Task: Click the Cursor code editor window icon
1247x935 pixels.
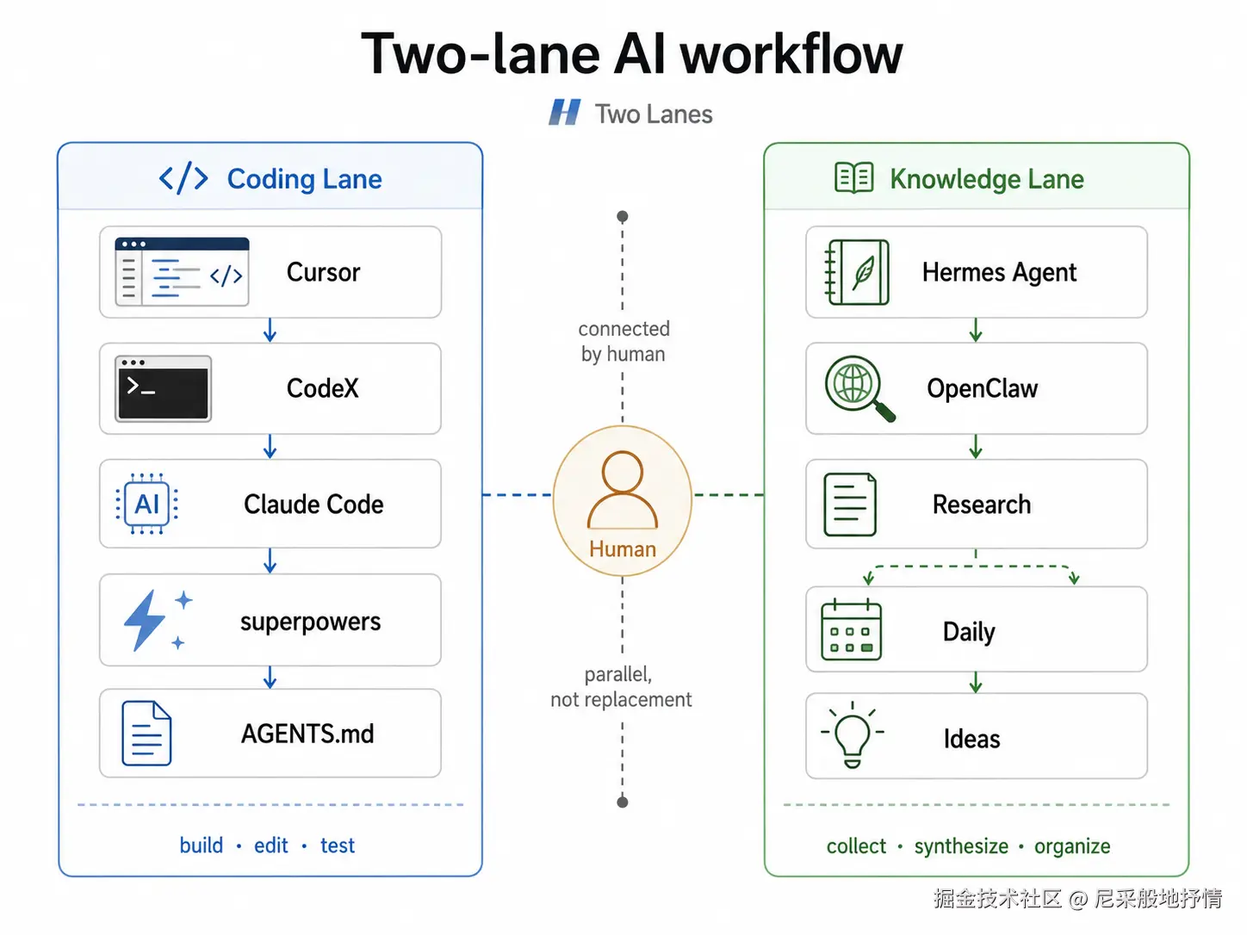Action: (182, 272)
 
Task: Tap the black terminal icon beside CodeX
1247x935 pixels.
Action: (163, 389)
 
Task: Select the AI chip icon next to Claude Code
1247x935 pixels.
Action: (147, 504)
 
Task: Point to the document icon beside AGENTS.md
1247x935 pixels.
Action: (146, 733)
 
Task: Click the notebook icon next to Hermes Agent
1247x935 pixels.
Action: (857, 272)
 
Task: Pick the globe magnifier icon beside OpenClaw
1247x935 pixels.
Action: (859, 389)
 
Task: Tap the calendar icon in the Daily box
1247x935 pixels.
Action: (851, 629)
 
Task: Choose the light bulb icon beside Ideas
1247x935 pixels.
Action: (853, 734)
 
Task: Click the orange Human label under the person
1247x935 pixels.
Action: (623, 549)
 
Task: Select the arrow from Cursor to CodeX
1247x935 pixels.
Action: (270, 330)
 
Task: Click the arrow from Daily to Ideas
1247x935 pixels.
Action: (976, 683)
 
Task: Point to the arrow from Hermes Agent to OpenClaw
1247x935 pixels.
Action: (976, 330)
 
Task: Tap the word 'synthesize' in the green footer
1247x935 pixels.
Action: (961, 845)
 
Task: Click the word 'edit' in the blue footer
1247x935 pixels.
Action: (271, 845)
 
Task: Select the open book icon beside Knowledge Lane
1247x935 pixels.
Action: (854, 177)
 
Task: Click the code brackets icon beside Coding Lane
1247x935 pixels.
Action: (183, 178)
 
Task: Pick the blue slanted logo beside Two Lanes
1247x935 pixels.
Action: (565, 113)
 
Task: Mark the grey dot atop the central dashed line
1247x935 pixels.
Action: (623, 216)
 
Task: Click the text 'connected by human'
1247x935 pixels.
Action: (623, 341)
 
